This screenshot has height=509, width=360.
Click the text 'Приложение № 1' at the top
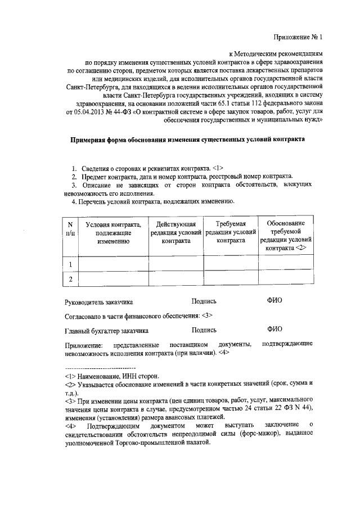pyautogui.click(x=299, y=38)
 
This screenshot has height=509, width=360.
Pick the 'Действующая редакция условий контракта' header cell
pyautogui.click(x=175, y=232)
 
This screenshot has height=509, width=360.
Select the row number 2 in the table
pyautogui.click(x=70, y=279)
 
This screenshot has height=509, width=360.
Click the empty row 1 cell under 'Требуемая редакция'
pyautogui.click(x=230, y=264)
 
